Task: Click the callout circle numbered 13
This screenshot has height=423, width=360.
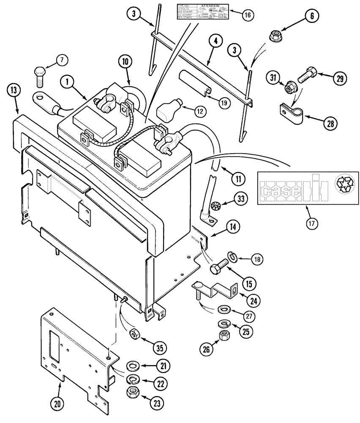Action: [14, 90]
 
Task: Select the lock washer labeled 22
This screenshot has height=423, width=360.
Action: [134, 378]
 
